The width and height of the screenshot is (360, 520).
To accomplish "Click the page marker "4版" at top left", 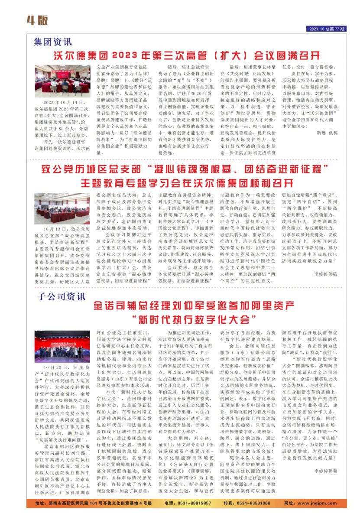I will (37, 20).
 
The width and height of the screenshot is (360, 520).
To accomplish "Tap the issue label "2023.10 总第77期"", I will (328, 29).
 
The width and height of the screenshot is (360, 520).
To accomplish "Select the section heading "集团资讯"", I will (53, 42).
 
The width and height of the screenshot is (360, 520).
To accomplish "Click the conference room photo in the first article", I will (62, 81).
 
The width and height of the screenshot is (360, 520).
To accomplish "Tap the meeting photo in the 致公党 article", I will (62, 208).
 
